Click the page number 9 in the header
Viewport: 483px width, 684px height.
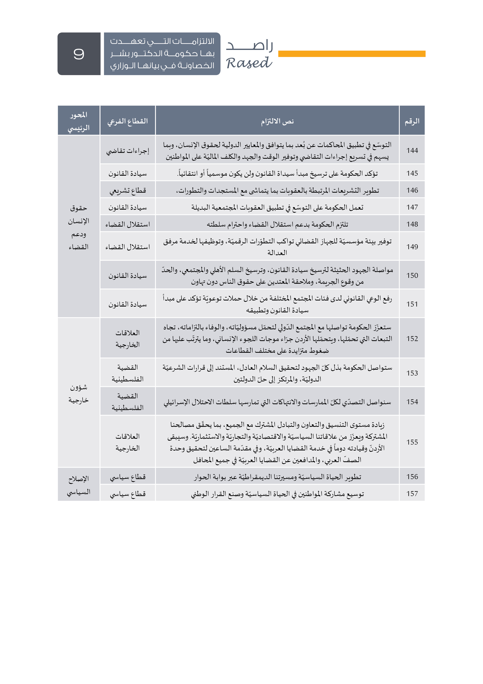tap(79, 54)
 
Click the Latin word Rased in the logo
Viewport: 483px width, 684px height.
tap(249, 63)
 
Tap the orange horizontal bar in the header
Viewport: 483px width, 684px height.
tap(352, 54)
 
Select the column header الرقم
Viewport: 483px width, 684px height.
tap(412, 121)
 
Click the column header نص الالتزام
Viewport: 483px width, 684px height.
tap(277, 121)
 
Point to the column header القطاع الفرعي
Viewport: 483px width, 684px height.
tap(128, 121)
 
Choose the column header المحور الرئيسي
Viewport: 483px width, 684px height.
tap(78, 121)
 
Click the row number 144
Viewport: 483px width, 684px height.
tap(412, 151)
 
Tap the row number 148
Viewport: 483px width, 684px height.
tap(412, 224)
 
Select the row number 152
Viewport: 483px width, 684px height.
tap(412, 338)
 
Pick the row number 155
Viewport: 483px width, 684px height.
tap(412, 442)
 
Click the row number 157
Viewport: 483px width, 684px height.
tap(412, 494)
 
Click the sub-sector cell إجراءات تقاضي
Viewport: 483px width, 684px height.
tap(128, 151)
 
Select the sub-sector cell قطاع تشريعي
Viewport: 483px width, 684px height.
tap(128, 190)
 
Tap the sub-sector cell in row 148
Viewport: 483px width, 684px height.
tap(128, 224)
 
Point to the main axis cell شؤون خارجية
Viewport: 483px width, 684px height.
tap(78, 393)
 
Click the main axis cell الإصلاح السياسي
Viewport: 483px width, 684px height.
tap(78, 485)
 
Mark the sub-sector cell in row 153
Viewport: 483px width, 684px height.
tap(128, 373)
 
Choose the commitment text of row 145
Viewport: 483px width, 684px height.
tap(277, 173)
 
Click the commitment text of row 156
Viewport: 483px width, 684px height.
tap(277, 477)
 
